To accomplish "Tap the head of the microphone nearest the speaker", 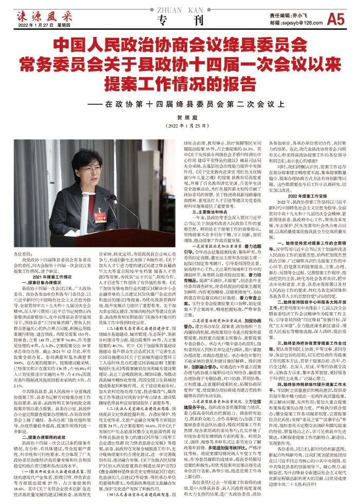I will point(107,197).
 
